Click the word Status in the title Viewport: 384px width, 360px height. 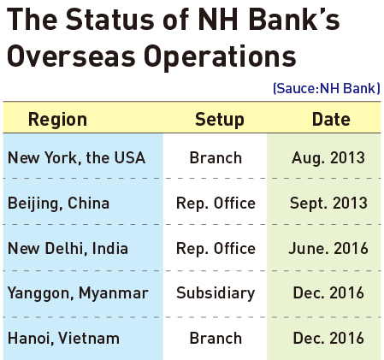pyautogui.click(x=110, y=20)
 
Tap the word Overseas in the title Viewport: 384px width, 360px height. pyautogui.click(x=71, y=56)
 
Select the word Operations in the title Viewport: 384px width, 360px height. pyautogui.click(x=220, y=58)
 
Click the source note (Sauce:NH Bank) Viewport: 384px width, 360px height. pyautogui.click(x=327, y=88)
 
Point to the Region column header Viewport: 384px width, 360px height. pyautogui.click(x=57, y=119)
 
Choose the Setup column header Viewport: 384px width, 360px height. pyautogui.click(x=220, y=119)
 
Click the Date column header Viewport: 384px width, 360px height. pyautogui.click(x=331, y=119)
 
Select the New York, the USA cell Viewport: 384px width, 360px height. pyautogui.click(x=76, y=157)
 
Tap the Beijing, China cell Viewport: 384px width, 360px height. pyautogui.click(x=58, y=204)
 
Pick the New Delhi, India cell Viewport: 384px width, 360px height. pyautogui.click(x=68, y=248)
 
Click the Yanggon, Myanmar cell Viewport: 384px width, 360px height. pyautogui.click(x=78, y=293)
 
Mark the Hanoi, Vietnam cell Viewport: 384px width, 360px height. pyautogui.click(x=63, y=339)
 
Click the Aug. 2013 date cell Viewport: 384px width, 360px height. pyautogui.click(x=328, y=158)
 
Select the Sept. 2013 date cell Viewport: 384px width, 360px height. pyautogui.click(x=328, y=204)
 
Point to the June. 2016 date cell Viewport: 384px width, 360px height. pyautogui.click(x=328, y=248)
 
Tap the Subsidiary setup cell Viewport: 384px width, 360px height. pyautogui.click(x=216, y=293)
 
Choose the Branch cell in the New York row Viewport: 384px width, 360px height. pyautogui.click(x=216, y=157)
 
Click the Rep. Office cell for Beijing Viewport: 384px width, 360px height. pyautogui.click(x=216, y=204)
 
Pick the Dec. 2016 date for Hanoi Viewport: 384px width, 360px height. pyautogui.click(x=328, y=339)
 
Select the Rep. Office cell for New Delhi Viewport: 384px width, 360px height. pyautogui.click(x=216, y=249)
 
